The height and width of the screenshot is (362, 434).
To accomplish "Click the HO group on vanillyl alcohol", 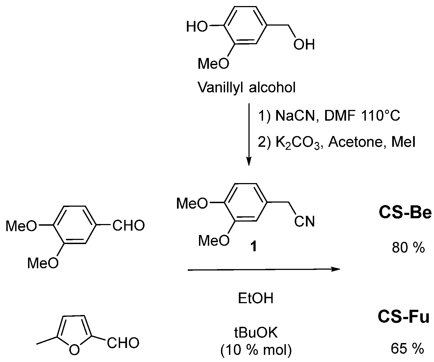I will pyautogui.click(x=197, y=27).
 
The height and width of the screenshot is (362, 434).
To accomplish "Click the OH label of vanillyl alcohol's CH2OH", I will pyautogui.click(x=304, y=45).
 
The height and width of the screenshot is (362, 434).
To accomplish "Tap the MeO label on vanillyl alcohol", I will pyautogui.click(x=214, y=64).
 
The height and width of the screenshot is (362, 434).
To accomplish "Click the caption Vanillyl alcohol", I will pyautogui.click(x=247, y=88).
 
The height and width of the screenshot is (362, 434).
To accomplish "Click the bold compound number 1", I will pyautogui.click(x=254, y=247).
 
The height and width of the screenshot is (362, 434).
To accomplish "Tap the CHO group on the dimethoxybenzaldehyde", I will pyautogui.click(x=128, y=226).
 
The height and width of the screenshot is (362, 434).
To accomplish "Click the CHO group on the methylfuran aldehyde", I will pyautogui.click(x=123, y=343).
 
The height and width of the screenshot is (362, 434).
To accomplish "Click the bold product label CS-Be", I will pyautogui.click(x=405, y=213).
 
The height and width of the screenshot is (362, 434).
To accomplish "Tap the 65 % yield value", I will pyautogui.click(x=407, y=349).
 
